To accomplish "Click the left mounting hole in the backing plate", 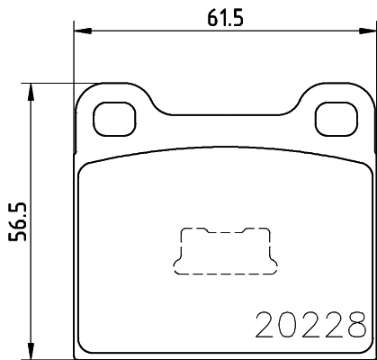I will click(112, 116).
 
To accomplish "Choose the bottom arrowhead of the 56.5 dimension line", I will click(32, 350).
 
